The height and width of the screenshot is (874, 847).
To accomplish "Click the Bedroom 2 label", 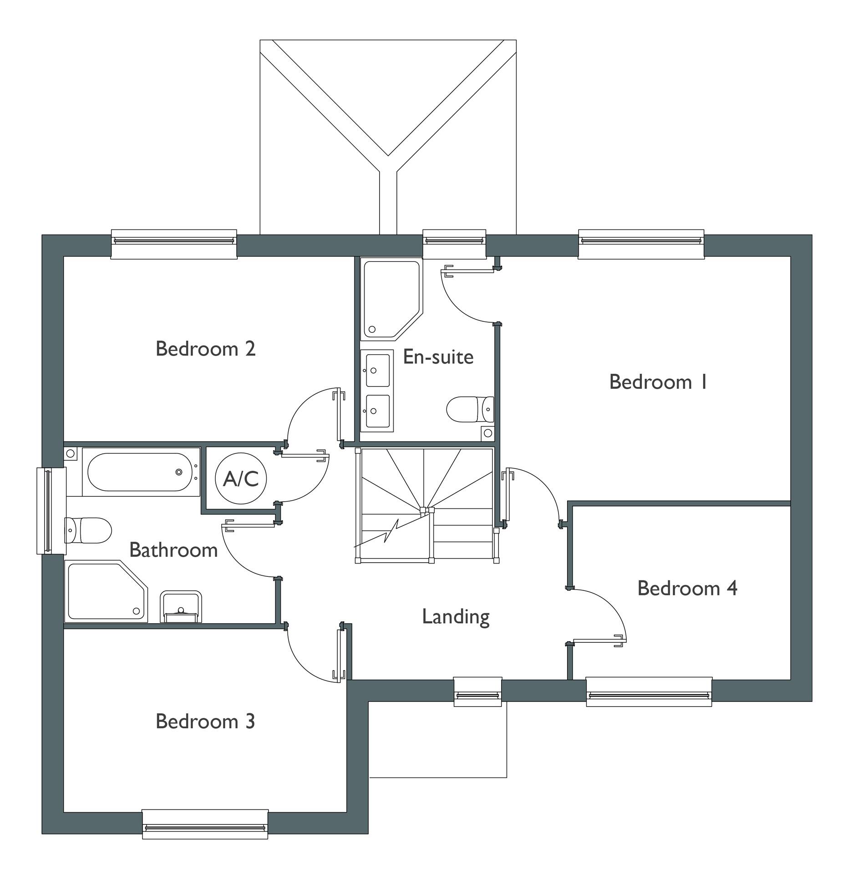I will pos(205,349).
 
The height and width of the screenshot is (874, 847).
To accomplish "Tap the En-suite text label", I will pos(438,357).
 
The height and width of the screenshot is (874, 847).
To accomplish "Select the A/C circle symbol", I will pos(241,478).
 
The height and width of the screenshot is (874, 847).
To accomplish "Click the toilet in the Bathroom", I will pos(88,530).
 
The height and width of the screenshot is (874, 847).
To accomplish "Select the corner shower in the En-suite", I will pos(390,300).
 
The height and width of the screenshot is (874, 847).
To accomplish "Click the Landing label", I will pos(456,617).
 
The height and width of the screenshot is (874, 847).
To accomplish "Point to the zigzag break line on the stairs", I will pos(391,531).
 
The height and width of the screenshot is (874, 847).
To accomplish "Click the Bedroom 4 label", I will pos(687,588).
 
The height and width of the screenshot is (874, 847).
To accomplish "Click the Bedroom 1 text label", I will pos(658,382).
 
